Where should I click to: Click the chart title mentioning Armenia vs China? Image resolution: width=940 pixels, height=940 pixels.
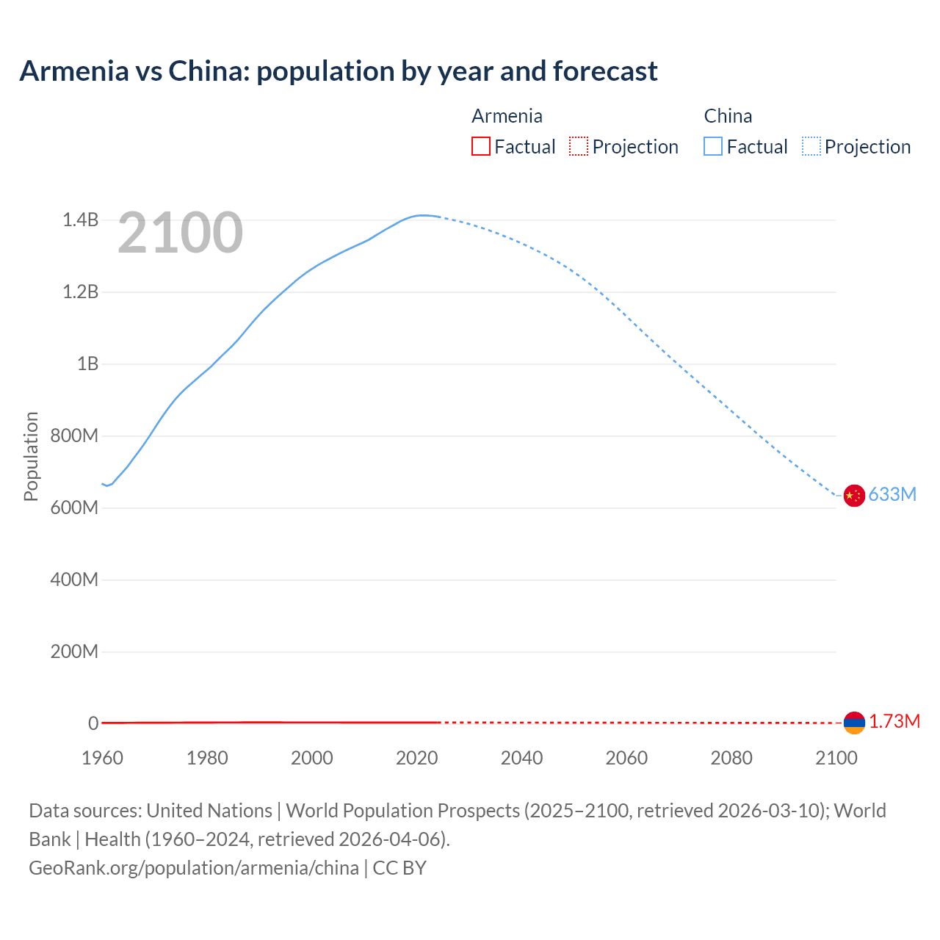coord(339,71)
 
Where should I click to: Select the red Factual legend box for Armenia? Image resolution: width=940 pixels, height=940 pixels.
coord(480,146)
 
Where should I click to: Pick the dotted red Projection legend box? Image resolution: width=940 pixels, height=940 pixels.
coord(579,146)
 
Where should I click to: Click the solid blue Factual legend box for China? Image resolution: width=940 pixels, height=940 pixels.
coord(712,146)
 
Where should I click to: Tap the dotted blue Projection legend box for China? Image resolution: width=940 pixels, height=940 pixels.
coord(811,146)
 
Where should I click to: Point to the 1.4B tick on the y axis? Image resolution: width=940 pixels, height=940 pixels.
coord(80,220)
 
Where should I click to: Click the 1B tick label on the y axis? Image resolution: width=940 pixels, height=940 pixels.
coord(87,364)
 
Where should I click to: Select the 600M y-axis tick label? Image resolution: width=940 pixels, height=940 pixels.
coord(74,507)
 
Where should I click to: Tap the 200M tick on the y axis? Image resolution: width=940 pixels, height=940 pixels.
coord(74,651)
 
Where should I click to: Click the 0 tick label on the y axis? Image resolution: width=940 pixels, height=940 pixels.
coord(93,723)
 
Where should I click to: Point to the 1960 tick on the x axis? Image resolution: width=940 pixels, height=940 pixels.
coord(102,758)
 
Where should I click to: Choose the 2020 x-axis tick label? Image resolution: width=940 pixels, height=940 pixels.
coord(416,758)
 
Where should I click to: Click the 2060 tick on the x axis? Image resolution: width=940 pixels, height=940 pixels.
coord(626,758)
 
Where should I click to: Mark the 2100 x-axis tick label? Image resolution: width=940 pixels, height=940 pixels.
coord(836,758)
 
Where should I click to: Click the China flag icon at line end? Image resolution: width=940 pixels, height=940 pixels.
coord(854,496)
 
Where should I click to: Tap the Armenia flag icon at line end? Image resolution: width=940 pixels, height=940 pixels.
coord(854,723)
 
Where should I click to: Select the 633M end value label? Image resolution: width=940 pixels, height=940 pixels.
coord(892,495)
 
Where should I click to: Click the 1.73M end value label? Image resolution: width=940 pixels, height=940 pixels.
coord(894,722)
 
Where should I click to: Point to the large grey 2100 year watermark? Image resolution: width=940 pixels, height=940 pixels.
coord(180,233)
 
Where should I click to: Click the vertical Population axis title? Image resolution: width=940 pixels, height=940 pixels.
coord(31,456)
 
